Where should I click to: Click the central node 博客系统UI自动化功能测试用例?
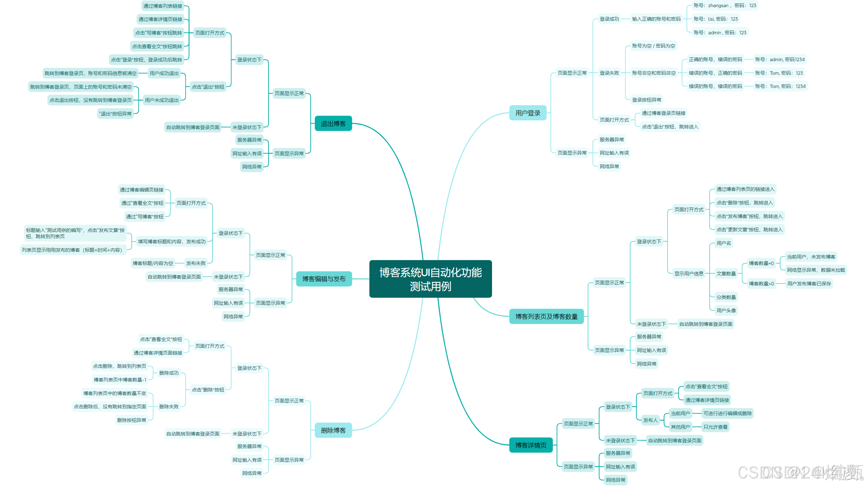(430, 279)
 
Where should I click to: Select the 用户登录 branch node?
(528, 113)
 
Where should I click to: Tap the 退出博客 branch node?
(333, 124)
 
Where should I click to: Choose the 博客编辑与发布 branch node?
(324, 279)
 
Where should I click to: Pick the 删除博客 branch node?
(333, 430)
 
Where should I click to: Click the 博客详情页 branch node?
(531, 445)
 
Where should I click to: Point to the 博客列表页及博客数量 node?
(546, 316)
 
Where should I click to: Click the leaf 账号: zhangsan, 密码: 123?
(724, 6)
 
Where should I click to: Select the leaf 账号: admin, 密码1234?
(779, 60)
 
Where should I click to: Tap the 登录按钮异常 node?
(646, 100)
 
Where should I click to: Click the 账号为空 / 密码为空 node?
(653, 46)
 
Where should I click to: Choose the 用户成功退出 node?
(164, 73)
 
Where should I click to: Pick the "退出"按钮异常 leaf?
(115, 114)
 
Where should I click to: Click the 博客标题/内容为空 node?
(153, 263)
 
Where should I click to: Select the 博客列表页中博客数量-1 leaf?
(120, 380)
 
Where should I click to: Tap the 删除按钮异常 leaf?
(131, 420)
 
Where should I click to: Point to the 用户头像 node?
(726, 310)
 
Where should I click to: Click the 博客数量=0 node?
(761, 263)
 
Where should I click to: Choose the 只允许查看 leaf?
(715, 427)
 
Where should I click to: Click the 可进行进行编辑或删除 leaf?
(727, 413)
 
